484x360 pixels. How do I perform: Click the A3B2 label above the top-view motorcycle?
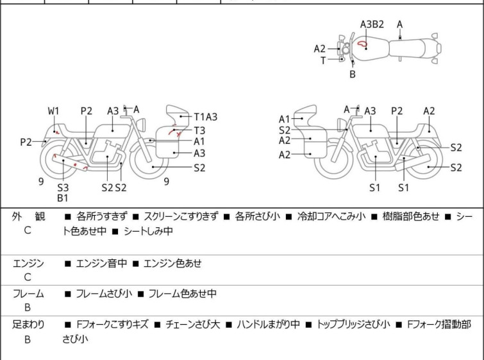click(372, 24)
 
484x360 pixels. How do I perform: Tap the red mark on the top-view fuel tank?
click(362, 44)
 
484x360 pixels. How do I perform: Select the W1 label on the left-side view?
click(53, 111)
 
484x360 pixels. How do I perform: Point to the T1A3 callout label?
click(206, 117)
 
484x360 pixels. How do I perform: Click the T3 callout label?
click(199, 130)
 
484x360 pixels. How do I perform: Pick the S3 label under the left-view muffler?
click(63, 187)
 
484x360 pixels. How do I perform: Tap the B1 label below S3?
click(63, 198)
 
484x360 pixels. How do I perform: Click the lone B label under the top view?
click(353, 74)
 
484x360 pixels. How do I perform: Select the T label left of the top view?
click(323, 60)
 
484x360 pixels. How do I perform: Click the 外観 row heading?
click(28, 216)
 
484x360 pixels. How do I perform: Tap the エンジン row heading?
click(28, 263)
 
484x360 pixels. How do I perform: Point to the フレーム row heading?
click(28, 293)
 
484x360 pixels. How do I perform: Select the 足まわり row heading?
click(28, 325)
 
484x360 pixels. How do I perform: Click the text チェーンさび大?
click(192, 325)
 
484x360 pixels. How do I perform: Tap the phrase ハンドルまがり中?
click(268, 325)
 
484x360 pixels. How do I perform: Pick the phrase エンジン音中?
click(101, 263)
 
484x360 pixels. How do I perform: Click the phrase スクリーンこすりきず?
click(181, 216)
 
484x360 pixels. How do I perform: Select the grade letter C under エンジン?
click(28, 277)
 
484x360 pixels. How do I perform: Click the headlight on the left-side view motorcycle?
click(142, 125)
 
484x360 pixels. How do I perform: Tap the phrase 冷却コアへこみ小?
click(331, 216)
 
